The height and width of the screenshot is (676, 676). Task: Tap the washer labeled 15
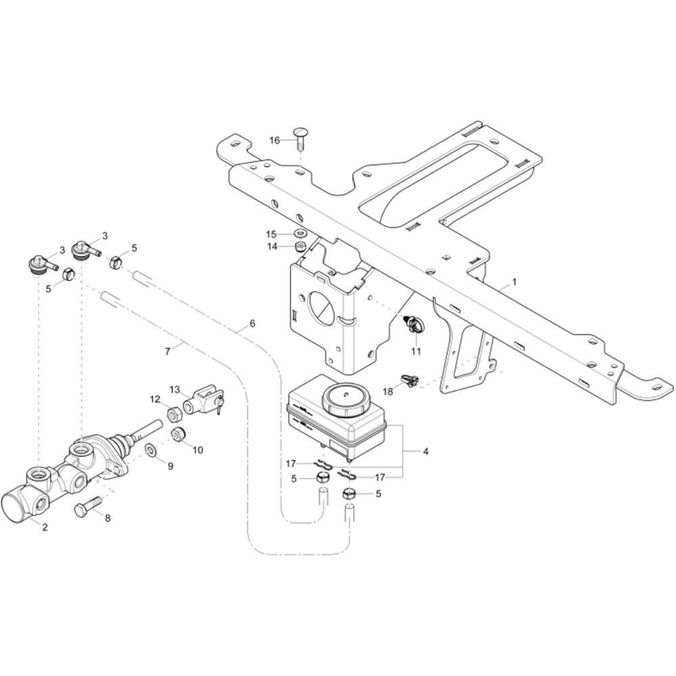301,234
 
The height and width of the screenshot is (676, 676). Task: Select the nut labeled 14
301,247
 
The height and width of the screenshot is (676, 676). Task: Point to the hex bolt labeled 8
88,506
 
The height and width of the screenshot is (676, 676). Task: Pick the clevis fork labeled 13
203,400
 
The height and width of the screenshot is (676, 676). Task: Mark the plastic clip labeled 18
410,380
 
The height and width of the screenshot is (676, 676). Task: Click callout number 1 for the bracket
514,282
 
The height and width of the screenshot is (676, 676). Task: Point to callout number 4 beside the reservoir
425,452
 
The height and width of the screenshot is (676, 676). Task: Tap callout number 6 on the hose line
252,323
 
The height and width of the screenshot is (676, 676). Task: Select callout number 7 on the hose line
168,352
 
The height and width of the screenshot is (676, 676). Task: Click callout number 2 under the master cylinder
45,527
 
